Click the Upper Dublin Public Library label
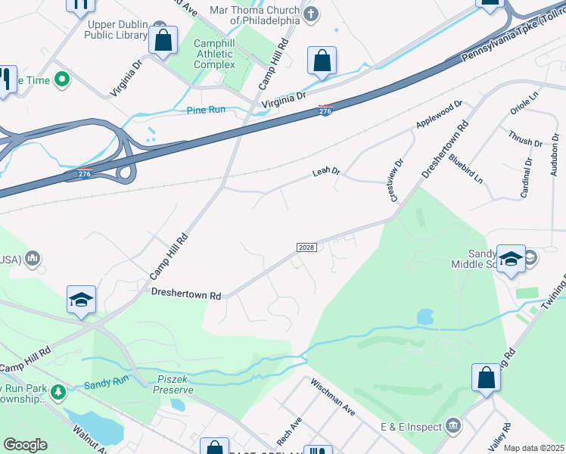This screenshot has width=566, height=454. point(115,29)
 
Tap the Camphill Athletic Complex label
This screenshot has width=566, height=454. point(214,54)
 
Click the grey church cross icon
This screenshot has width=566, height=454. point(310,14)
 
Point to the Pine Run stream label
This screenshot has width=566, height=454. point(206,110)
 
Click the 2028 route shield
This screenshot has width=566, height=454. point(306,247)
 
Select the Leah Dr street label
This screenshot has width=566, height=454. point(326,173)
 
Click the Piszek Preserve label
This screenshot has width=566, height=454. point(174,384)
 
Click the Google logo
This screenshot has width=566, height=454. point(25,444)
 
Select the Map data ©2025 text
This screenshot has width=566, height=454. point(533,448)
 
